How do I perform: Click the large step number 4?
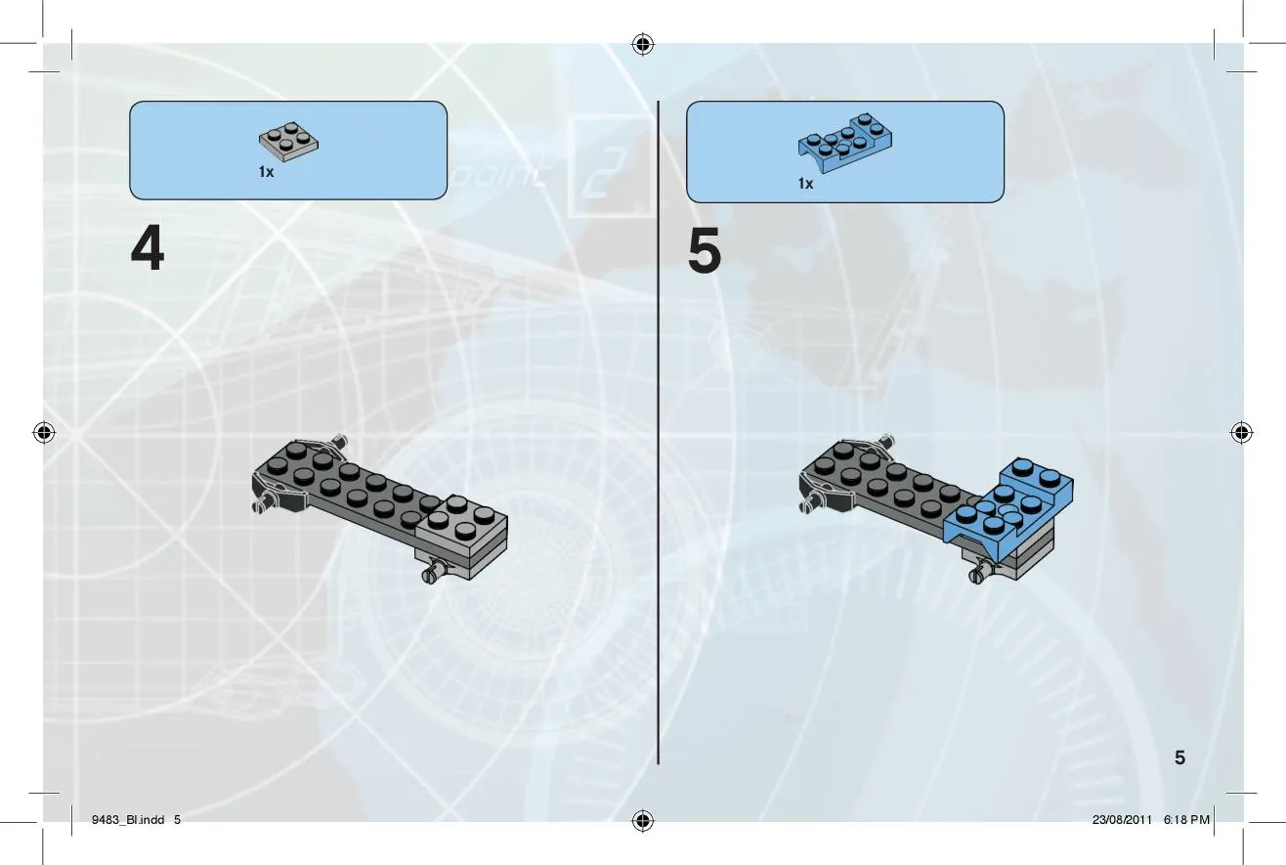pos(148,247)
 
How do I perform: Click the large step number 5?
pos(704,250)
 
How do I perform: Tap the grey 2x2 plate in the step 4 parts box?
pos(288,142)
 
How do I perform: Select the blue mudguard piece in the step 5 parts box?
pos(845,143)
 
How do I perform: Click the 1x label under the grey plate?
pos(266,172)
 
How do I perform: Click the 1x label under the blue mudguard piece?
pos(805,183)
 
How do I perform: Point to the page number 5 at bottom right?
pos(1179,757)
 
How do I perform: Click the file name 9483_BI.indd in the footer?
pos(128,820)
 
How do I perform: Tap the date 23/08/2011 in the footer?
pos(1122,820)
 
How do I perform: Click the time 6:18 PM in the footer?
pos(1186,820)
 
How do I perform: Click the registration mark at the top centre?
pos(643,44)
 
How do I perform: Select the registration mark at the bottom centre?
pos(643,820)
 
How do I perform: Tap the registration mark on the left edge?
pos(44,432)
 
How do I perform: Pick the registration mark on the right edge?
pos(1241,432)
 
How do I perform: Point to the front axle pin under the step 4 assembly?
pos(435,573)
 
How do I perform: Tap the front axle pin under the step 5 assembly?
pos(982,573)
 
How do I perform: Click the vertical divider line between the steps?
pos(659,432)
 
